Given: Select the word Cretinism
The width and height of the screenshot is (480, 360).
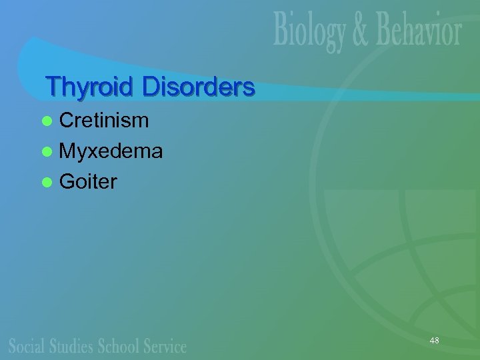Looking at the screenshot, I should [104, 120].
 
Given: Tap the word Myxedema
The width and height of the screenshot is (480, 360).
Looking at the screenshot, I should [111, 151].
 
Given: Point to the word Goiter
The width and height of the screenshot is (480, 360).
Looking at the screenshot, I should [88, 181].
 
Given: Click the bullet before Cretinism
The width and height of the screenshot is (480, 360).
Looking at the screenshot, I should [46, 121].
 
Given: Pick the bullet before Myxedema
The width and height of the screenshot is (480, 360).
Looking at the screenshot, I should [46, 152].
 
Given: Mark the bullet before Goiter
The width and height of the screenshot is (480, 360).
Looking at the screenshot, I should [46, 182].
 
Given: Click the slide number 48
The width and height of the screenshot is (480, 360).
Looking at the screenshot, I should [434, 341].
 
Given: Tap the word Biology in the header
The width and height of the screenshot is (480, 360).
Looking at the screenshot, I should [311, 32].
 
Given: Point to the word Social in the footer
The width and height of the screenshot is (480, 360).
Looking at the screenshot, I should [26, 346].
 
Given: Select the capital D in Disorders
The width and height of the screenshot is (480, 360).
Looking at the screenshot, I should [149, 87].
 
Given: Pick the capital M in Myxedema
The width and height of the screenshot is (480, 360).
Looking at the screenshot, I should [68, 151].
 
